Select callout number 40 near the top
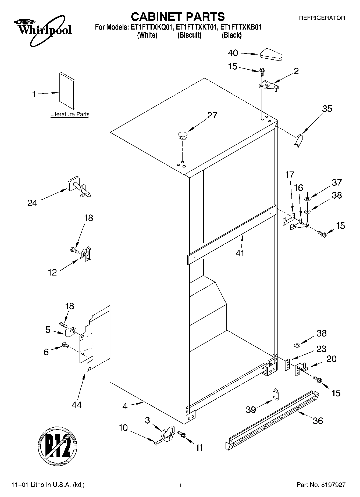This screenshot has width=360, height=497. click(233, 53)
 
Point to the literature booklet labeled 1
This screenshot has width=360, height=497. click(67, 91)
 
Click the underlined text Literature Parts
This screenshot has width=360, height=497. click(70, 115)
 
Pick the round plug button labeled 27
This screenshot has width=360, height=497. click(182, 135)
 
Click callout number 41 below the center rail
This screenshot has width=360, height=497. click(240, 253)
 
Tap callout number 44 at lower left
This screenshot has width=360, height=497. click(76, 405)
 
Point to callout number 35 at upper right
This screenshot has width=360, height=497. click(327, 109)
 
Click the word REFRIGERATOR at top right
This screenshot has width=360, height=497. click(322, 18)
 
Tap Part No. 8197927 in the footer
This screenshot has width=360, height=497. click(321, 485)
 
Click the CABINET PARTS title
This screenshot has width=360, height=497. click(177, 17)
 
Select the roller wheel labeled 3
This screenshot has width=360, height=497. click(167, 433)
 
